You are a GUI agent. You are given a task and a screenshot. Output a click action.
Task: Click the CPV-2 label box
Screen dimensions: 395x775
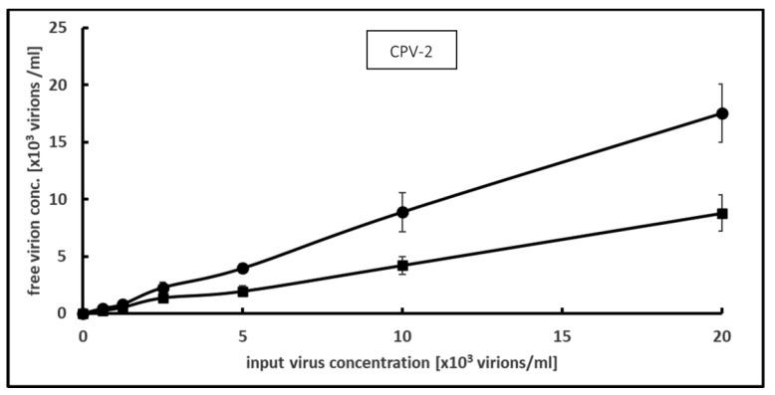[x=410, y=54]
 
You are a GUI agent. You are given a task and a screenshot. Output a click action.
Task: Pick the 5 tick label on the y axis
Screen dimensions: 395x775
[x=64, y=257]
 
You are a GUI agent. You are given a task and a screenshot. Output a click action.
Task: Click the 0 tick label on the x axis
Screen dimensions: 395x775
[x=83, y=336]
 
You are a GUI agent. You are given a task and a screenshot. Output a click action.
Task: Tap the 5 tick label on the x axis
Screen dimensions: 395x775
[x=242, y=336]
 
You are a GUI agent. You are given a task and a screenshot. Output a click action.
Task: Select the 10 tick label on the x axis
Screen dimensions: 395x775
[x=402, y=336]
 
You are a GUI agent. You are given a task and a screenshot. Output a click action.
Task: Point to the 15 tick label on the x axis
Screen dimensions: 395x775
[x=562, y=336]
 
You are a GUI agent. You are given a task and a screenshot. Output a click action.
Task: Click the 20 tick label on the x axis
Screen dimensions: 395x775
[x=722, y=336]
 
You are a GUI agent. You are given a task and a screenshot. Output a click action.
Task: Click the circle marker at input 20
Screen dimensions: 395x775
[x=722, y=113]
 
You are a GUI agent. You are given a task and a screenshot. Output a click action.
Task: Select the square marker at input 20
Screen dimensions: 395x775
[x=722, y=213]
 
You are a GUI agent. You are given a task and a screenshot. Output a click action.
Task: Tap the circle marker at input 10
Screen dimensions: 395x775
[x=402, y=212]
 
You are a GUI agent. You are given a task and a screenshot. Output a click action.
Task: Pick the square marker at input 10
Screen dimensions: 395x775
[x=402, y=265]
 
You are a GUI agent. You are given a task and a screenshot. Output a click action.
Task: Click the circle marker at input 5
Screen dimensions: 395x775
[x=242, y=269]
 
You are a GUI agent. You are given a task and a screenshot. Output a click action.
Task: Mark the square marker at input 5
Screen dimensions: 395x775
[x=242, y=292]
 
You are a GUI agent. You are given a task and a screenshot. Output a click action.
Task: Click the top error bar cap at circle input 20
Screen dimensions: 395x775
[x=722, y=85]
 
